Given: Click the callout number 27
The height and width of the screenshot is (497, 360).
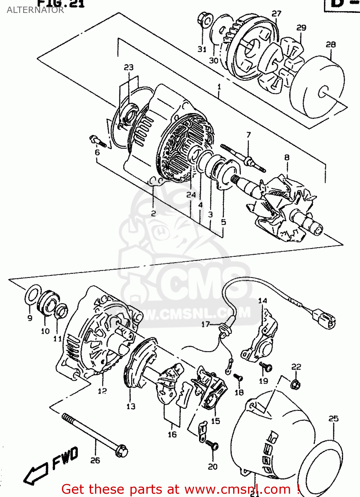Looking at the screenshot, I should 276,14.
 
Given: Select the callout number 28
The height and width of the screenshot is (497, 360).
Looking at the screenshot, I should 331,44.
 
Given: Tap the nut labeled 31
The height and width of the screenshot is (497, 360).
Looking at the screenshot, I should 205,20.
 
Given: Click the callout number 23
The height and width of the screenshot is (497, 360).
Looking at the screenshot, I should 129,67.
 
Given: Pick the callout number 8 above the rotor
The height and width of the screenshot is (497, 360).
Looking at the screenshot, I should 287,157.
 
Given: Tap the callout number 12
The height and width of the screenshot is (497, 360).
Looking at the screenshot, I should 102,391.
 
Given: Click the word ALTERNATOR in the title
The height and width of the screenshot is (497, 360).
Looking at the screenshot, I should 35,10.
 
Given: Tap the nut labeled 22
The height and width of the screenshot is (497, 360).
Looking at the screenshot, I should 295,384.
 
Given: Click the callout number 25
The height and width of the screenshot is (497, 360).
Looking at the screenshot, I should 333,418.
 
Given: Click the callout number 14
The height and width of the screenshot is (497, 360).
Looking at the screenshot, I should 263,301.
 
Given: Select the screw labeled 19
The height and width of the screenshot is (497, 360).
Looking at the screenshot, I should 266,367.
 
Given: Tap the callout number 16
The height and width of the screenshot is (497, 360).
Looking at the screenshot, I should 172,434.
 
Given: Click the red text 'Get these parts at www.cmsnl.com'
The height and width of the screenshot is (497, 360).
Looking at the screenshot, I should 180,489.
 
